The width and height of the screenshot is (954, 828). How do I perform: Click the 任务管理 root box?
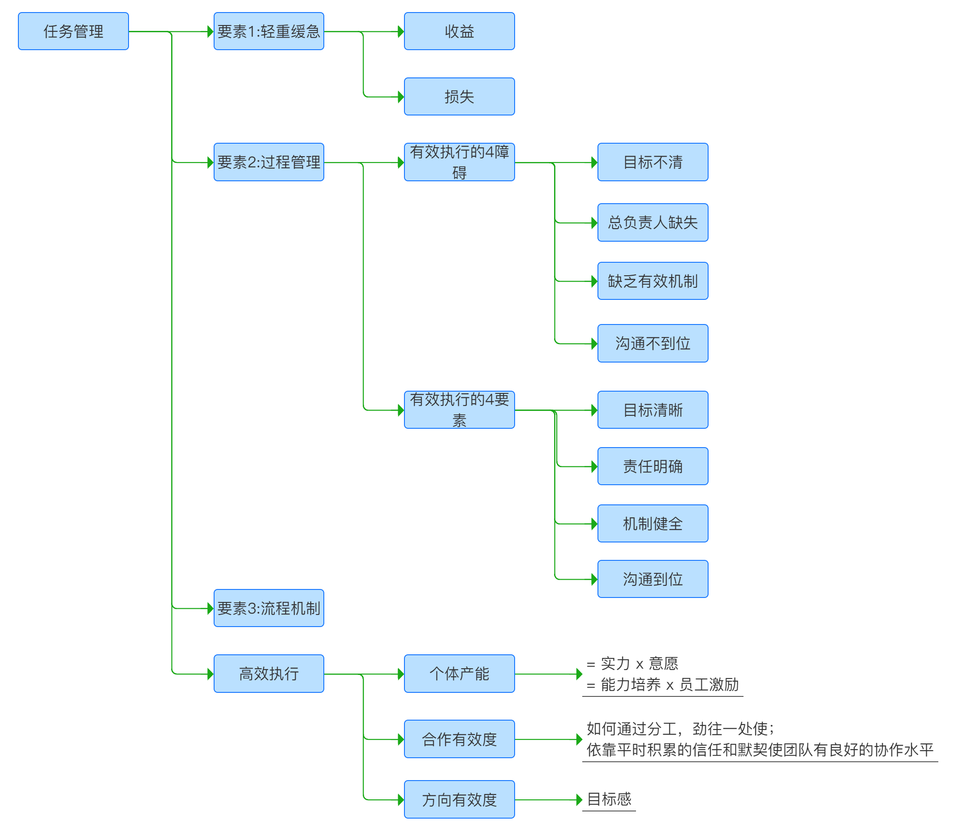pos(73,31)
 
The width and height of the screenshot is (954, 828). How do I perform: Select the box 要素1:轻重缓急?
pos(269,31)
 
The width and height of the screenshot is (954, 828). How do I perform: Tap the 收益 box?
pos(459,31)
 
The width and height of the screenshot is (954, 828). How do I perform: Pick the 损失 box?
pos(459,97)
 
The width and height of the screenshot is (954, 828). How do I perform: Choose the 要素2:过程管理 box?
pos(269,162)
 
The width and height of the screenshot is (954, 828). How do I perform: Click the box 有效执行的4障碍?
pos(459,162)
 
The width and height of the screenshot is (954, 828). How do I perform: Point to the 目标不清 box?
pos(653,162)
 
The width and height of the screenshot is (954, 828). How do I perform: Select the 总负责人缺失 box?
pos(653,223)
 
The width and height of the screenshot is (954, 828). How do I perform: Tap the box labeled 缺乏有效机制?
pos(653,281)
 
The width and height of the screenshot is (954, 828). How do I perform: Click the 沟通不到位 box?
pos(653,343)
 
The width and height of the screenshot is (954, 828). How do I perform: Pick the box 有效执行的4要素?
pos(459,410)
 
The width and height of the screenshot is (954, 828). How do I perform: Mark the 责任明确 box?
pos(653,466)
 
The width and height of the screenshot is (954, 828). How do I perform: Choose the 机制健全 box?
pos(653,524)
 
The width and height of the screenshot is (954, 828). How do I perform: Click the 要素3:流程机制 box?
pos(269,608)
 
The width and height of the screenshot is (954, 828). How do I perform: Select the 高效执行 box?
pos(269,674)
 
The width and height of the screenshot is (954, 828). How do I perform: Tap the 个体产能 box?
pos(459,674)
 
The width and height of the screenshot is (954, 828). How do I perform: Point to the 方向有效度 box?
pos(459,800)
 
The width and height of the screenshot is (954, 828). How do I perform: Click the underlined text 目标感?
pos(609,799)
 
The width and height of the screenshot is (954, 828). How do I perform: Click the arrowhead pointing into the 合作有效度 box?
pos(400,739)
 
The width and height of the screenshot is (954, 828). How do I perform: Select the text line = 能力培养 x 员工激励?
pos(663,685)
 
